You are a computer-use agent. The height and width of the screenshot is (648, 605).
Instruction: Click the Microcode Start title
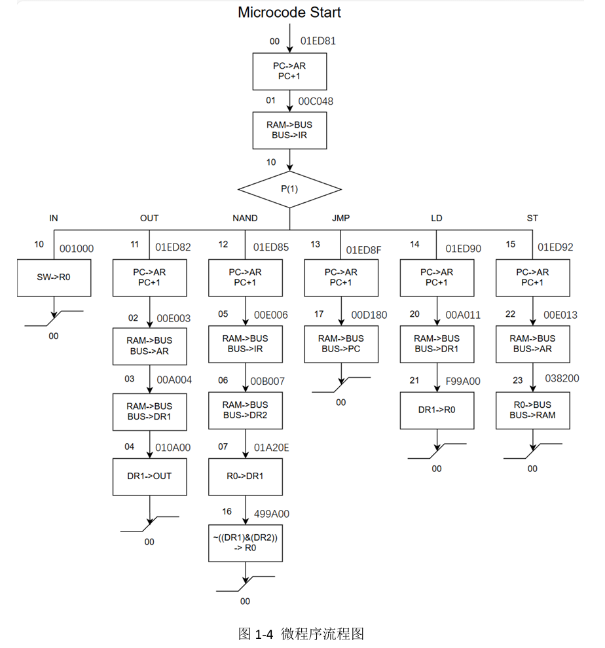tap(289, 12)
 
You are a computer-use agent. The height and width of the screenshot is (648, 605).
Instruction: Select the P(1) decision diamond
tap(289, 189)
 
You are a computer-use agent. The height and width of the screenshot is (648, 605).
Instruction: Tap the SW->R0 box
tap(54, 278)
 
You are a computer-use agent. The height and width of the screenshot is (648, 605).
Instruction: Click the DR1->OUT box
tap(149, 476)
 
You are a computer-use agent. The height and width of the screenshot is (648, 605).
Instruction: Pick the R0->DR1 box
tap(246, 476)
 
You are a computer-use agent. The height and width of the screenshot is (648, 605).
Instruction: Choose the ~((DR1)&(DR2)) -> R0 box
tap(246, 543)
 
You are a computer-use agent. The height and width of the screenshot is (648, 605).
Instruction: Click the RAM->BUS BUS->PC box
tap(341, 344)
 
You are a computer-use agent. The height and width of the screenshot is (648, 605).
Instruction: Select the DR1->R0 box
tap(437, 410)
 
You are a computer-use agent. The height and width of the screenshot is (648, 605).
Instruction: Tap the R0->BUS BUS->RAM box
tap(532, 410)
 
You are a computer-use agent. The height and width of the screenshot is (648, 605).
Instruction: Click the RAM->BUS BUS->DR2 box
tap(246, 410)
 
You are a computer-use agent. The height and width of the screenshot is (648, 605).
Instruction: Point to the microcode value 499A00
tap(271, 514)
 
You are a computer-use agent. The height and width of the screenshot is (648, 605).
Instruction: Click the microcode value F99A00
tap(462, 381)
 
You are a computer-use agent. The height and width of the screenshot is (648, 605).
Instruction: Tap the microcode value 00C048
tap(316, 102)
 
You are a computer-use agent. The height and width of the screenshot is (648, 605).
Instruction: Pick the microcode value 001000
tap(77, 249)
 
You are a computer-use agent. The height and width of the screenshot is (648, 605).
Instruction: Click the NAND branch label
tap(245, 218)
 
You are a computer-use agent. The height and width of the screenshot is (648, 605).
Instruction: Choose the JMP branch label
tap(340, 218)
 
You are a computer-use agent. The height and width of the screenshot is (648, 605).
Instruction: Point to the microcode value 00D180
tap(369, 315)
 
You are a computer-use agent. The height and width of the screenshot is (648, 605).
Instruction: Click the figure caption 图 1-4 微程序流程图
tap(301, 634)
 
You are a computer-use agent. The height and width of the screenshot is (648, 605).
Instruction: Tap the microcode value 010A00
tap(173, 448)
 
